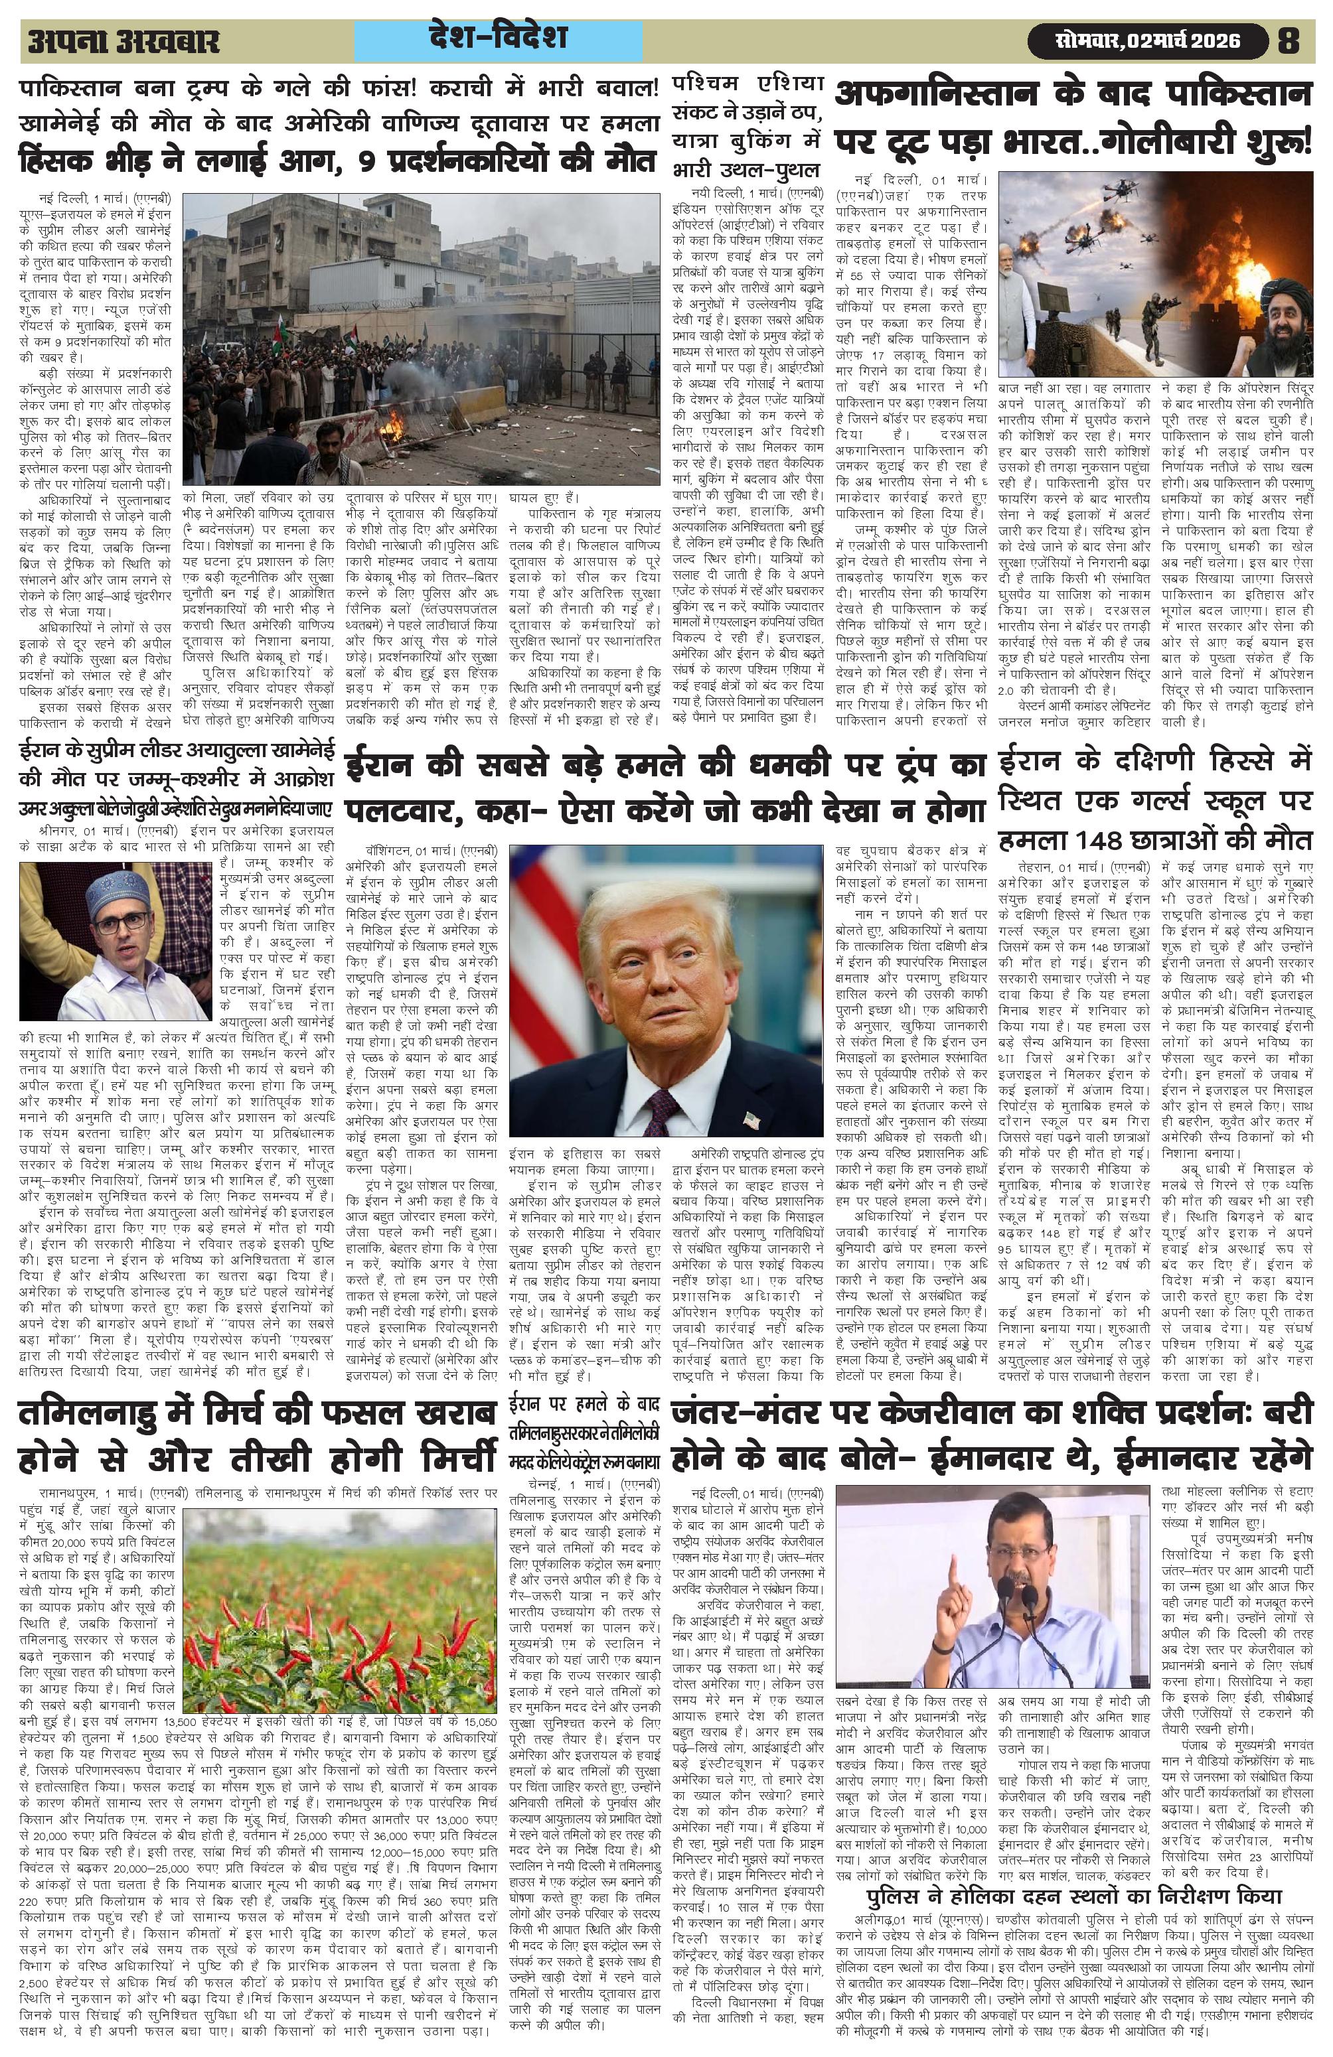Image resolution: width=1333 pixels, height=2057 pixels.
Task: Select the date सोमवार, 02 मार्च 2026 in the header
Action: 1147,40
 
